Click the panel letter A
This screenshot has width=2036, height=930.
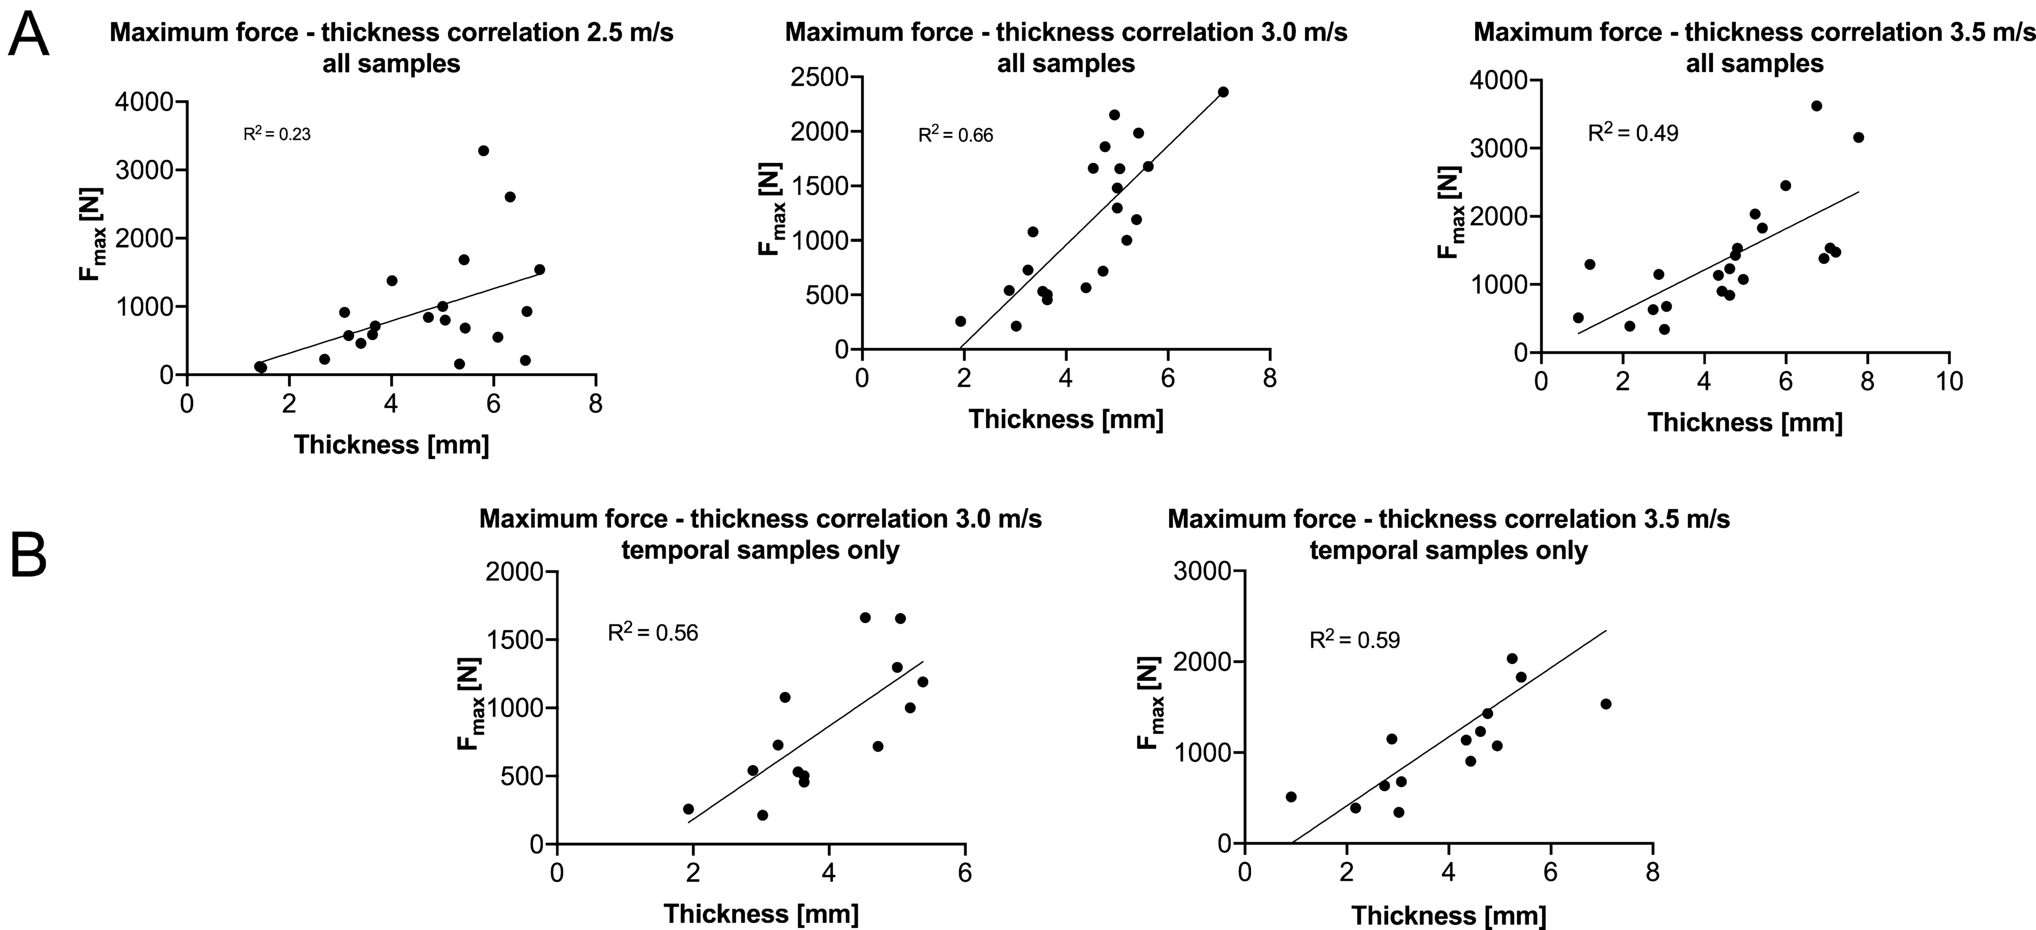[28, 35]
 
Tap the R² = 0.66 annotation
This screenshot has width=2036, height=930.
[955, 135]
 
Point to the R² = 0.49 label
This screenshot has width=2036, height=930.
[1633, 133]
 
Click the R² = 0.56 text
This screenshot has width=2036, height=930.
[653, 632]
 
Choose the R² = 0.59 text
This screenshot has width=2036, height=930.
[1355, 639]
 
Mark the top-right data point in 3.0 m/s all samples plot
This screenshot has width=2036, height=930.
[1223, 92]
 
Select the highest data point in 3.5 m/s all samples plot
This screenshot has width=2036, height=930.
[1816, 106]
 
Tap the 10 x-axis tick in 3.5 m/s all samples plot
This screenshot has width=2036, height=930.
[1950, 382]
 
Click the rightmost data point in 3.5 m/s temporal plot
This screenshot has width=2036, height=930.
[1605, 704]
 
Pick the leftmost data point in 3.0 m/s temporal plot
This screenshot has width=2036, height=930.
[688, 809]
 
